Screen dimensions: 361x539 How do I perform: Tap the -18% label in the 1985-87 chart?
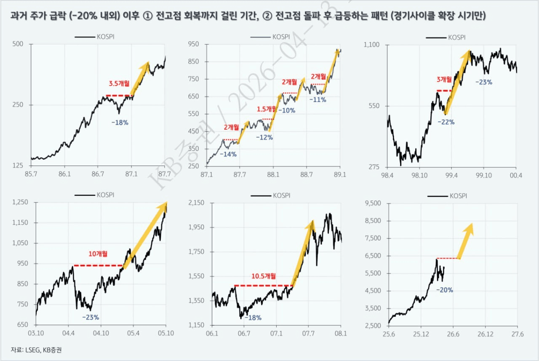tap(120, 123)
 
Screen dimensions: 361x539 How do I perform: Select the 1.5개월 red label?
tap(266, 110)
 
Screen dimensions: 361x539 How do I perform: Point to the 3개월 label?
tap(444, 79)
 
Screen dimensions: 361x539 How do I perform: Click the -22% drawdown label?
tap(446, 122)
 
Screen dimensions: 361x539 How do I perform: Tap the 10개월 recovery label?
tap(98, 254)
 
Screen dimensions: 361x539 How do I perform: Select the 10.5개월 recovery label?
tap(264, 276)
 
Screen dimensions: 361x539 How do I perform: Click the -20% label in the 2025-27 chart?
tap(444, 290)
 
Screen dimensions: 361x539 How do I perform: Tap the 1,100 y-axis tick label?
tap(372, 45)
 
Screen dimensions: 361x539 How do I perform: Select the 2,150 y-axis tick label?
tap(196, 203)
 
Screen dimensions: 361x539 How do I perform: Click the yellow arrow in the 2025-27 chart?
tap(466, 241)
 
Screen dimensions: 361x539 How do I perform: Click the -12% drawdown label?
tap(264, 137)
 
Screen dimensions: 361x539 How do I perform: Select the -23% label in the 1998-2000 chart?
tap(483, 82)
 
